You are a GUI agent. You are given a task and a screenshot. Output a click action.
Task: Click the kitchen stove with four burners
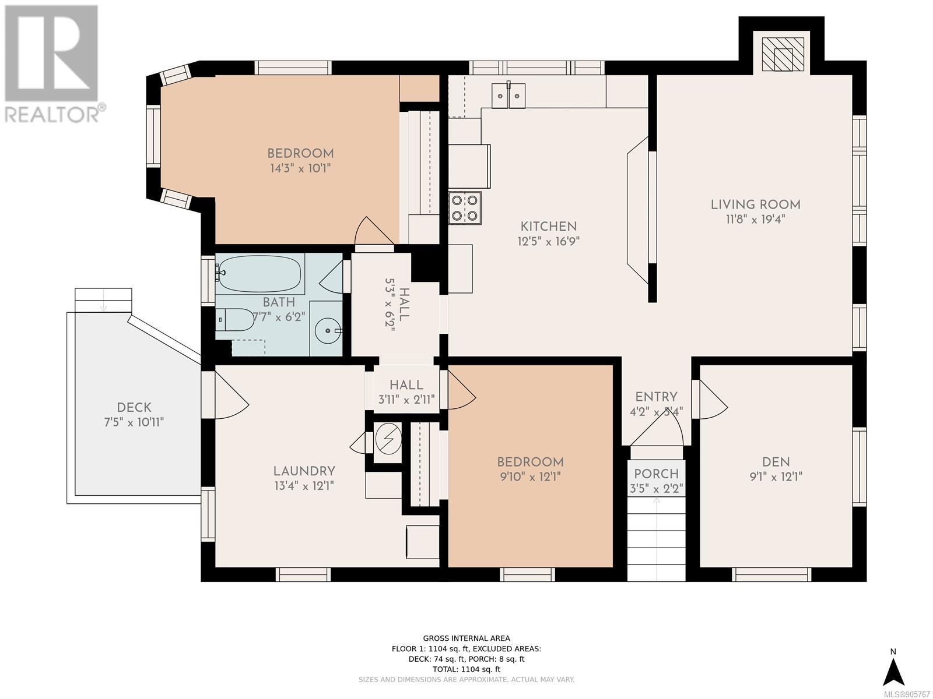(x=465, y=207)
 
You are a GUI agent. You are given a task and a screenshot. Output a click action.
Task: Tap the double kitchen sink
(x=508, y=96)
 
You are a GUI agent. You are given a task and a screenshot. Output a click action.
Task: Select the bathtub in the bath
(x=259, y=274)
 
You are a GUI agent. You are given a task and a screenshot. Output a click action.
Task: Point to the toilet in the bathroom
(x=234, y=320)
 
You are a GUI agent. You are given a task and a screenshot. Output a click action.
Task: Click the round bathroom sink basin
(x=328, y=330)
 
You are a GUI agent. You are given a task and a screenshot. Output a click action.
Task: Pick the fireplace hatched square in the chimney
(x=783, y=54)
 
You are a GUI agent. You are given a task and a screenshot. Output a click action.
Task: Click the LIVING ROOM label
(x=755, y=204)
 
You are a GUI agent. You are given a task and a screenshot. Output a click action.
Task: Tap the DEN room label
(x=776, y=462)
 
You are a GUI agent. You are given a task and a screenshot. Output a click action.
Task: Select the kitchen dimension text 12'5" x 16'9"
(x=548, y=242)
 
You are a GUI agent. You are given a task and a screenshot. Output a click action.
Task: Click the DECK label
(x=134, y=407)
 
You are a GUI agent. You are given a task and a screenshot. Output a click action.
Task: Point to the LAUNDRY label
(x=304, y=471)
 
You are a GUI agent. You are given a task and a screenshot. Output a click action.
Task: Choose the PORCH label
(x=656, y=474)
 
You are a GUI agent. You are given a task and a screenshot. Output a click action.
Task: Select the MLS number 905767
(x=908, y=694)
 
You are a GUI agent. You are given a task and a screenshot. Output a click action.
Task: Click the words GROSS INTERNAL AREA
(x=466, y=638)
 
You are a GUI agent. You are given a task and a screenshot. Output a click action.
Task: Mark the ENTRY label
(x=656, y=397)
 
